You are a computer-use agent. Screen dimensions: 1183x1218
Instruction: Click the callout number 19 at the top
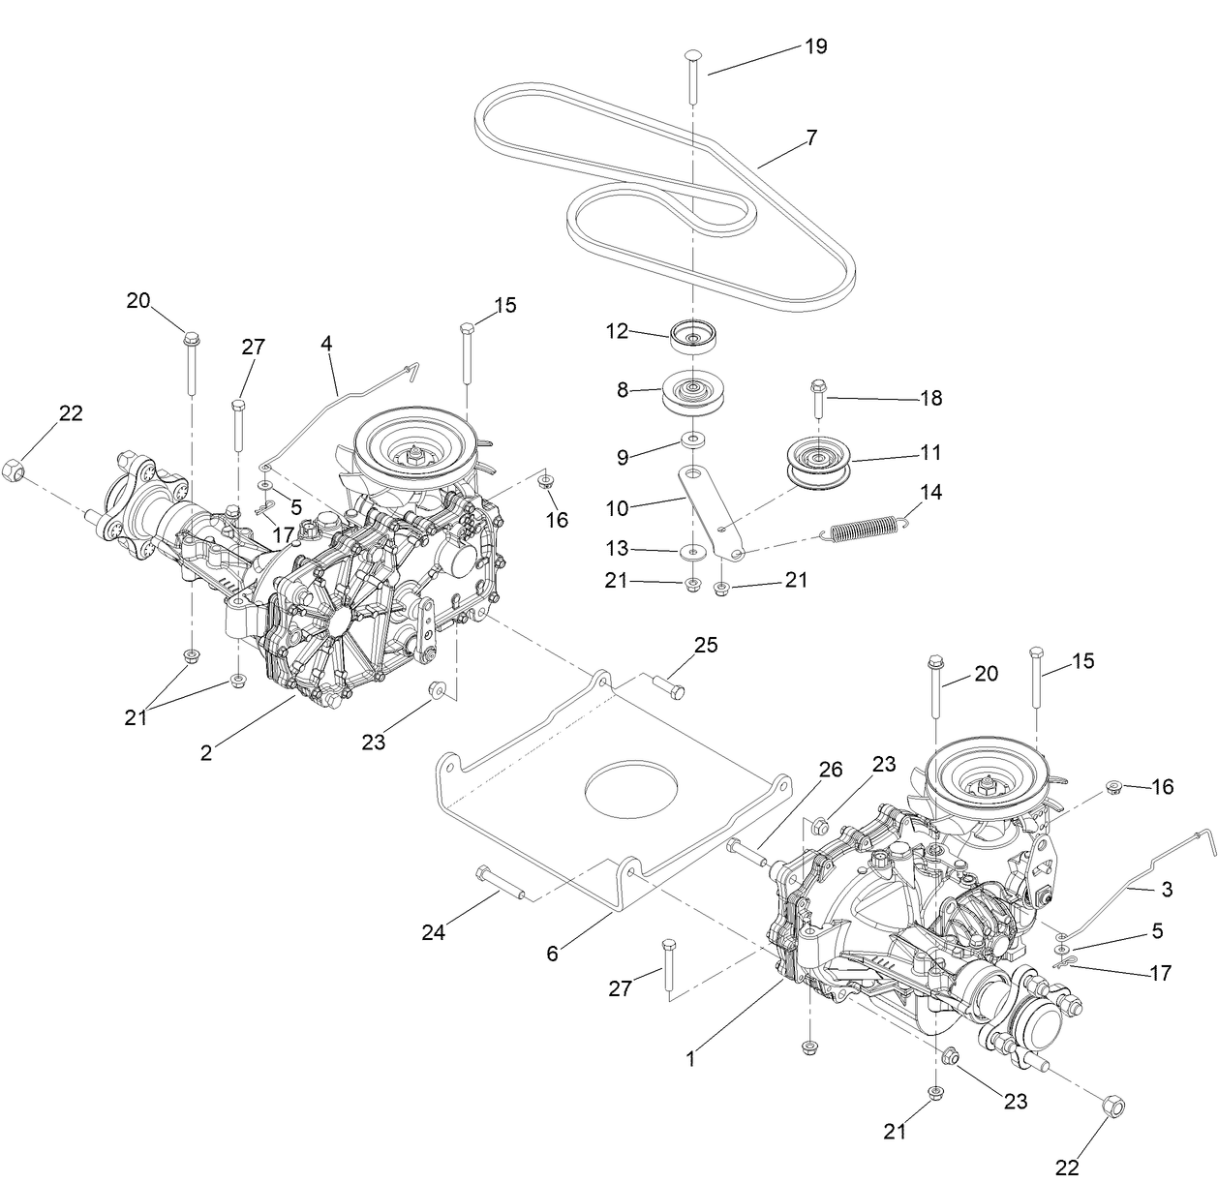[x=815, y=46]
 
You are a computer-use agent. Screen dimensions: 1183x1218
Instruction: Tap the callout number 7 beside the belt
[x=810, y=137]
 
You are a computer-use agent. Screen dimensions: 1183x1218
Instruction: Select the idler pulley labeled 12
[x=693, y=337]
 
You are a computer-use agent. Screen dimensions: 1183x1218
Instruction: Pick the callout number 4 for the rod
[x=326, y=343]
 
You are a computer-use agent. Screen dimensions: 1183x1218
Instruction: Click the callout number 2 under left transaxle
[x=206, y=752]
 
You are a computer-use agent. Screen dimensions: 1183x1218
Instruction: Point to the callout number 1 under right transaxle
[x=690, y=1059]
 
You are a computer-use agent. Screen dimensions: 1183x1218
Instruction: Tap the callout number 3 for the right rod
[x=1167, y=889]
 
